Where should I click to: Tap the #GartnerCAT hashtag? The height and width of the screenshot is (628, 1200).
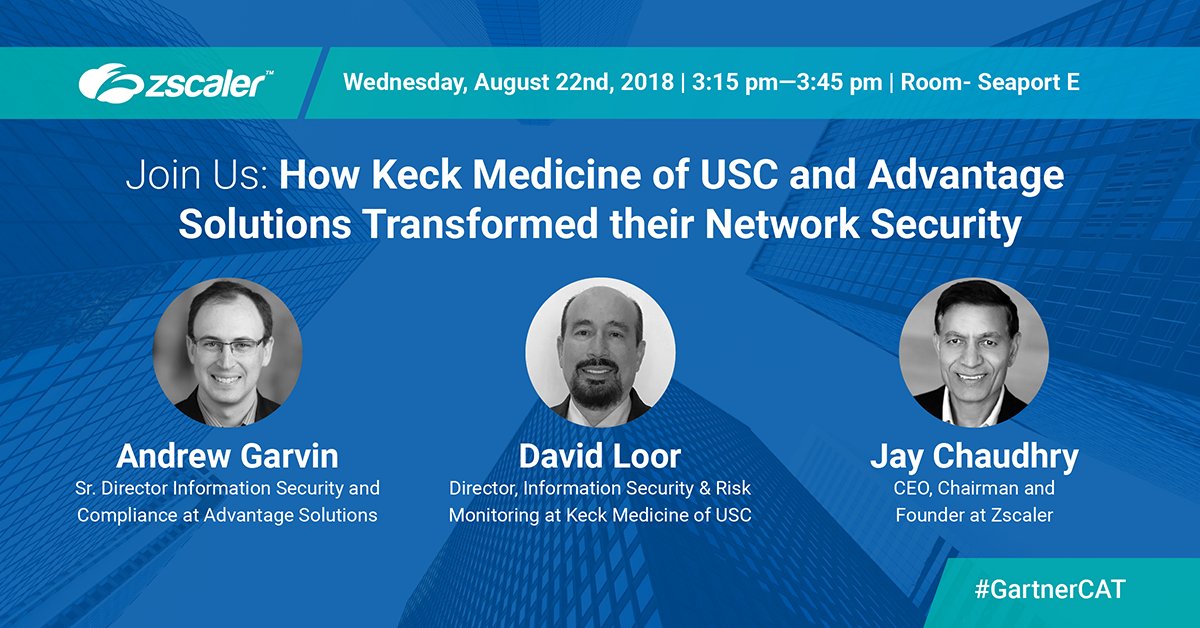1050,589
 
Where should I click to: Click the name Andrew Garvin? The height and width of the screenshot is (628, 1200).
227,457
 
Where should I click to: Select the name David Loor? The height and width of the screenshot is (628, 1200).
599,457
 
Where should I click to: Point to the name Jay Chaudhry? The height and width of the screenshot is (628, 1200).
974,457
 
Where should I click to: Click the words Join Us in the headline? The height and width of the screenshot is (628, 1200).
196,178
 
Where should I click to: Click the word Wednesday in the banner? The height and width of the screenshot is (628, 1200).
405,82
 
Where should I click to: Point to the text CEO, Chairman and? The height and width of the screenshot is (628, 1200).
974,489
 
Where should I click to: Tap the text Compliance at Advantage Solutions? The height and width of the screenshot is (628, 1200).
227,516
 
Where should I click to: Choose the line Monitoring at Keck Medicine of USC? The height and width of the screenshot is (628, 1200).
599,516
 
